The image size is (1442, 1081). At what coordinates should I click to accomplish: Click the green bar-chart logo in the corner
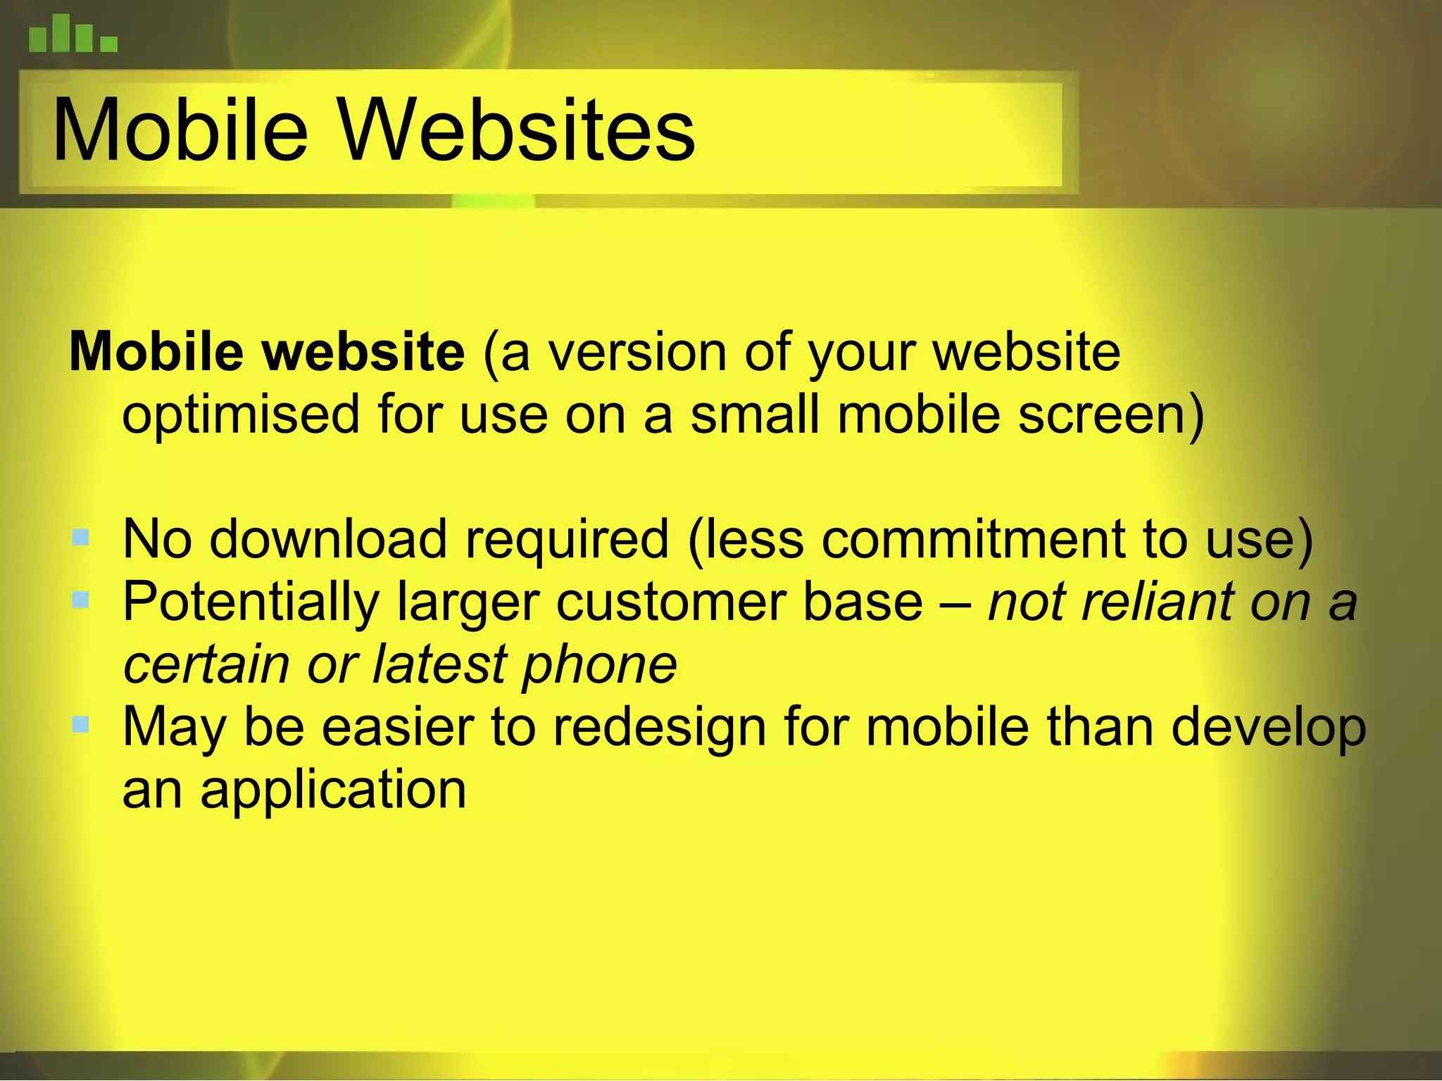73,35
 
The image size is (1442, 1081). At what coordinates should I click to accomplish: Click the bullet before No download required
80,538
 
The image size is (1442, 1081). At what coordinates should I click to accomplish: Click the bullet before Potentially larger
80,600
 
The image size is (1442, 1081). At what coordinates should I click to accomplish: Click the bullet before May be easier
80,724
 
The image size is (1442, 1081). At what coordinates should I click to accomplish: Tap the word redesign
659,728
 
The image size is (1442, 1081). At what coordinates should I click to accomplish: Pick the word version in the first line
637,351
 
